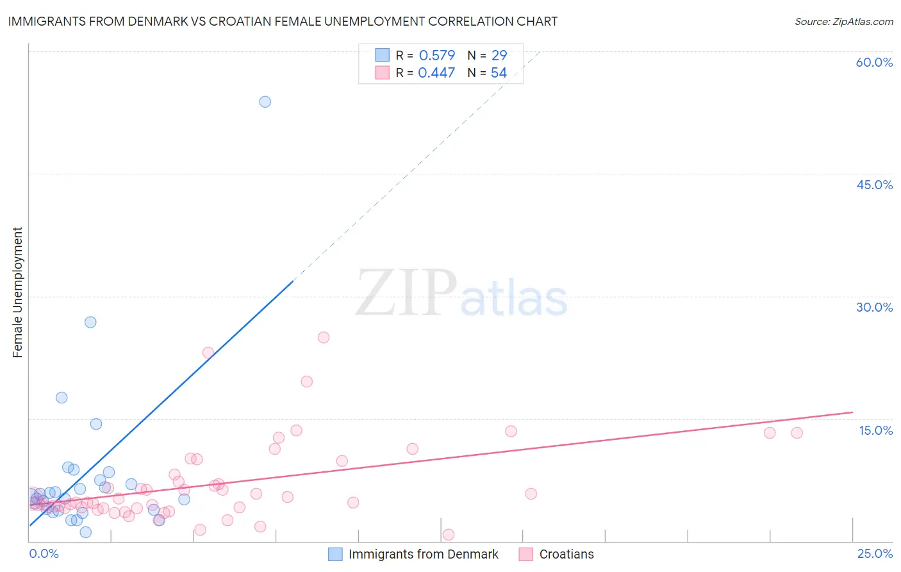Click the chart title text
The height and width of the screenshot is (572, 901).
pos(283,21)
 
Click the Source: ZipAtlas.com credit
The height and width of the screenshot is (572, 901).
pos(843,21)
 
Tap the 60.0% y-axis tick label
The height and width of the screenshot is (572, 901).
pos(874,62)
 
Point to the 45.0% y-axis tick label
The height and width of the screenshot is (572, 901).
pos(874,185)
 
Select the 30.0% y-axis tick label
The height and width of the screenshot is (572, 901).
pos(874,307)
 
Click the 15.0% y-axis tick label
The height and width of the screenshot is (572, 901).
pos(875,430)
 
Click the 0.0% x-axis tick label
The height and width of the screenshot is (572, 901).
pos(44,553)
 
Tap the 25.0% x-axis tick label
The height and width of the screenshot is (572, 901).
pos(875,553)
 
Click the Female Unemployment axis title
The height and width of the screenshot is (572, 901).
pos(17,292)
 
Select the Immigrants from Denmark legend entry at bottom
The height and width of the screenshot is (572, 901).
pos(423,554)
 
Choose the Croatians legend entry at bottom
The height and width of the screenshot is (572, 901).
pos(566,554)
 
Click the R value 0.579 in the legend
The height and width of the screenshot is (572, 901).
pos(436,55)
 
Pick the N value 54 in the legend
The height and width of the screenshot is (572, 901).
pos(499,72)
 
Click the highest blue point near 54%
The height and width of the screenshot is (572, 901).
pos(265,101)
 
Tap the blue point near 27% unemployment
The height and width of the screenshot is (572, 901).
pos(90,322)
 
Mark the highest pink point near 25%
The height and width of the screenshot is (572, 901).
pos(324,337)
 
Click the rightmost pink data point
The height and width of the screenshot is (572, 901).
pos(797,433)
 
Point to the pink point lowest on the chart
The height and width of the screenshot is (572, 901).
pos(449,535)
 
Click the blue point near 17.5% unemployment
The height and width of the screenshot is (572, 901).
pos(62,398)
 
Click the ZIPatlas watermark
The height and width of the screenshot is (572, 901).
pos(461,293)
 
